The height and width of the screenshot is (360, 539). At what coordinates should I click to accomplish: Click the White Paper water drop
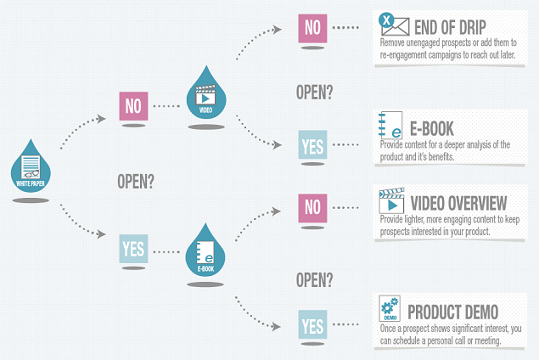pos(31,168)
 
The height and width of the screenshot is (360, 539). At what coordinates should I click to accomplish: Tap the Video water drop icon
pos(206,94)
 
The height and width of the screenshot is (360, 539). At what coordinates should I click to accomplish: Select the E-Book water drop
pos(205,253)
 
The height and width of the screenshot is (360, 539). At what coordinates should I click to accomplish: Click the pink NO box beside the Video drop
pos(133,106)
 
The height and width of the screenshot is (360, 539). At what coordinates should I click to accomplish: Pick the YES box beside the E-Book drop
pos(133,249)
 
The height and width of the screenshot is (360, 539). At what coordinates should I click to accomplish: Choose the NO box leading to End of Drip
pos(312,28)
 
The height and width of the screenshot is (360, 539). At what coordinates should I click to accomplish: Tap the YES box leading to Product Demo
pos(312,324)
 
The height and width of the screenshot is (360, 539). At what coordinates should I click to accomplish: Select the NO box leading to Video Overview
pos(312,208)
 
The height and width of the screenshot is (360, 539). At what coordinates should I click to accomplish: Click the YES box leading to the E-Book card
pos(312,144)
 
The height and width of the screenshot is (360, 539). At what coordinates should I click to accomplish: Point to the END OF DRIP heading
pos(450,27)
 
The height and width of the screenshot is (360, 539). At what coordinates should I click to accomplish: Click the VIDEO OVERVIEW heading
pos(458,203)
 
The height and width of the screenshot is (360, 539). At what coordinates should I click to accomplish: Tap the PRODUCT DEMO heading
pos(453,312)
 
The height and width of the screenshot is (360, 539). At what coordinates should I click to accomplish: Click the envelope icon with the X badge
pos(394,24)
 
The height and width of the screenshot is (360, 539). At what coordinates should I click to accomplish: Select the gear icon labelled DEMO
pos(390,308)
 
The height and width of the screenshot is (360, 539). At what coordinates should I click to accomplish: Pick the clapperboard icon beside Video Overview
pos(391,201)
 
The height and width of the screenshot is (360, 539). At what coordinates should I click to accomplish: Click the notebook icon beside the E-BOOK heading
pos(390,125)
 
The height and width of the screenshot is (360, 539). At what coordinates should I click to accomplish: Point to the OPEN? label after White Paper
pos(136,181)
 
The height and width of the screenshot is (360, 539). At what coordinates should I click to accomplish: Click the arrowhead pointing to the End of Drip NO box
pos(277,30)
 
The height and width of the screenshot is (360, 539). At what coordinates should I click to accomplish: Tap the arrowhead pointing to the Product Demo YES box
pos(277,326)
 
